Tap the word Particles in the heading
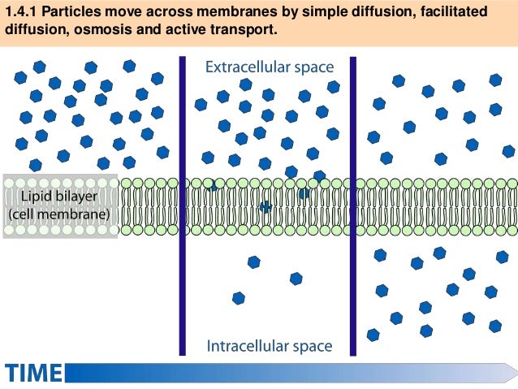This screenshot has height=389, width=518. click(x=71, y=13)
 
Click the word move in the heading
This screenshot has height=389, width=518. click(x=123, y=13)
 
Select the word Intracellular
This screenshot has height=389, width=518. click(x=248, y=347)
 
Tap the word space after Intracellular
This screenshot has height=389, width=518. click(x=311, y=347)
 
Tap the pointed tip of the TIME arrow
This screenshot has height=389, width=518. click(x=514, y=372)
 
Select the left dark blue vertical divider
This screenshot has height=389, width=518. click(x=183, y=203)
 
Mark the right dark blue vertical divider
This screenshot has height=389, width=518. click(x=354, y=203)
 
